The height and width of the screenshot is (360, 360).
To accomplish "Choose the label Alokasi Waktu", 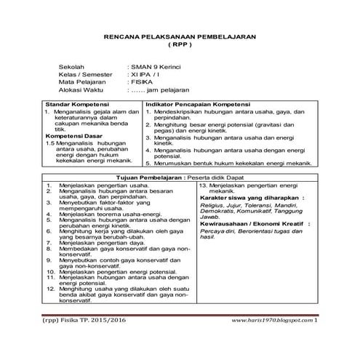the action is pos(81,90).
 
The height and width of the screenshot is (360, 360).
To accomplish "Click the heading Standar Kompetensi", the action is pos(75,105).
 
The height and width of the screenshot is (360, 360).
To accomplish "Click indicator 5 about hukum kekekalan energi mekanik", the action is pos(232,164).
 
